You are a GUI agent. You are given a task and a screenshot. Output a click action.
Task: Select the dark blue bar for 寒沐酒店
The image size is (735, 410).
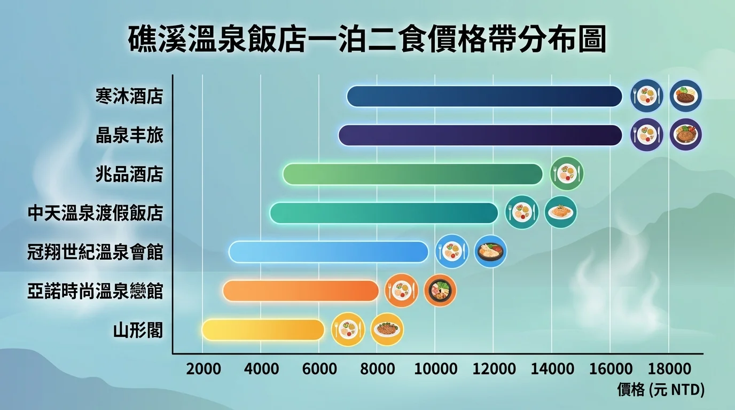pyautogui.click(x=484, y=96)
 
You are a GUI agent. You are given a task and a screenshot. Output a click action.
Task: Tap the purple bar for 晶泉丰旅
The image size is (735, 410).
pyautogui.click(x=480, y=135)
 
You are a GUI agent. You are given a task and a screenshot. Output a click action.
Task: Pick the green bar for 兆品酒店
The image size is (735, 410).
pyautogui.click(x=412, y=174)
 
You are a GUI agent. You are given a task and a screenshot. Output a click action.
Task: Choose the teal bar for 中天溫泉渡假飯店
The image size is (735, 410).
pyautogui.click(x=384, y=213)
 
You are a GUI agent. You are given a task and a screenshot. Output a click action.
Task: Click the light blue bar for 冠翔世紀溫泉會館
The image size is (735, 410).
pyautogui.click(x=329, y=252)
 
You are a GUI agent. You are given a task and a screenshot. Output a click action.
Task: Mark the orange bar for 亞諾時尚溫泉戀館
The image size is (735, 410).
pyautogui.click(x=301, y=291)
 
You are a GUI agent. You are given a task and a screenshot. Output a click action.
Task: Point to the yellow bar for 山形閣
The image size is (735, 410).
pyautogui.click(x=263, y=330)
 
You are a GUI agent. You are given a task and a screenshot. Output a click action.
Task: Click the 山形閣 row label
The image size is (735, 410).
pyautogui.click(x=138, y=331)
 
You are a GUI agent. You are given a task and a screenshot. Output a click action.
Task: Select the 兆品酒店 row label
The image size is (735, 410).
pyautogui.click(x=129, y=175)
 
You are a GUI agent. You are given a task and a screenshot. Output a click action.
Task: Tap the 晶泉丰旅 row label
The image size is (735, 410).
pyautogui.click(x=129, y=136)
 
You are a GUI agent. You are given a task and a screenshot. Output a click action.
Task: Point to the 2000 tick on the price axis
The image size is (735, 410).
pyautogui.click(x=203, y=369)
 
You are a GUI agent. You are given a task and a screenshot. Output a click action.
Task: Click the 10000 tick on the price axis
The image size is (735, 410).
pyautogui.click(x=435, y=369)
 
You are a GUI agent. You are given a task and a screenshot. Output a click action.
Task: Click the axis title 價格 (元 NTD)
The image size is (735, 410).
pyautogui.click(x=661, y=390)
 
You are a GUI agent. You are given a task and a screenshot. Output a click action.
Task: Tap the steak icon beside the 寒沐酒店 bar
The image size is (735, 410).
pyautogui.click(x=685, y=96)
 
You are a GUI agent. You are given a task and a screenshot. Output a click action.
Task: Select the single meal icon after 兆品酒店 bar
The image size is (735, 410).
pyautogui.click(x=567, y=174)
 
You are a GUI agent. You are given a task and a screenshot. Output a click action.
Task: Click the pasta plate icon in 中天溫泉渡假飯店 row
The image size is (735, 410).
pyautogui.click(x=560, y=212)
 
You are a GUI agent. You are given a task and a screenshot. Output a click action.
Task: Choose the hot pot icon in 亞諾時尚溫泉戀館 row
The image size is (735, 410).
pyautogui.click(x=440, y=290)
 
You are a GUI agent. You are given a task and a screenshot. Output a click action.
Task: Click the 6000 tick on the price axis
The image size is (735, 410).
pyautogui.click(x=319, y=369)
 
